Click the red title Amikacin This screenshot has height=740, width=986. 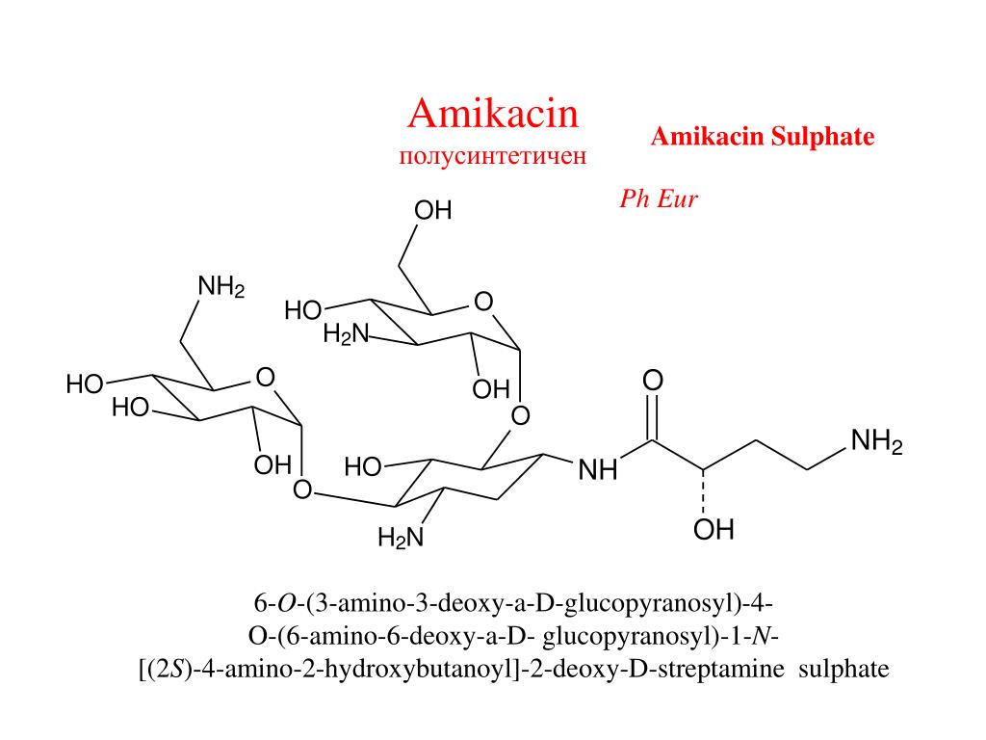pyautogui.click(x=493, y=115)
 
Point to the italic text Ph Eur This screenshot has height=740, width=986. pyautogui.click(x=658, y=199)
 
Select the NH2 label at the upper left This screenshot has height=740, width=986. pyautogui.click(x=221, y=287)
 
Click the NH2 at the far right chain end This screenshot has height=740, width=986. pyautogui.click(x=876, y=442)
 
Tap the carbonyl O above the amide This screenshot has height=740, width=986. pyautogui.click(x=653, y=382)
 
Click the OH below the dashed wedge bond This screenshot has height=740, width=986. pyautogui.click(x=714, y=529)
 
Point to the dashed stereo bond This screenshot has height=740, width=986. pyautogui.click(x=705, y=492)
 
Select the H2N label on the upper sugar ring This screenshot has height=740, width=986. pyautogui.click(x=346, y=334)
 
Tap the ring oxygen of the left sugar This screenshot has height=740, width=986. pyautogui.click(x=266, y=376)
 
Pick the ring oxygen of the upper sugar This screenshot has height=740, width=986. pyautogui.click(x=483, y=304)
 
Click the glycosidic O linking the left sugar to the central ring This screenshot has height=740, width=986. pyautogui.click(x=301, y=490)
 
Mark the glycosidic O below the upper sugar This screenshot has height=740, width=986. pyautogui.click(x=520, y=416)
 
